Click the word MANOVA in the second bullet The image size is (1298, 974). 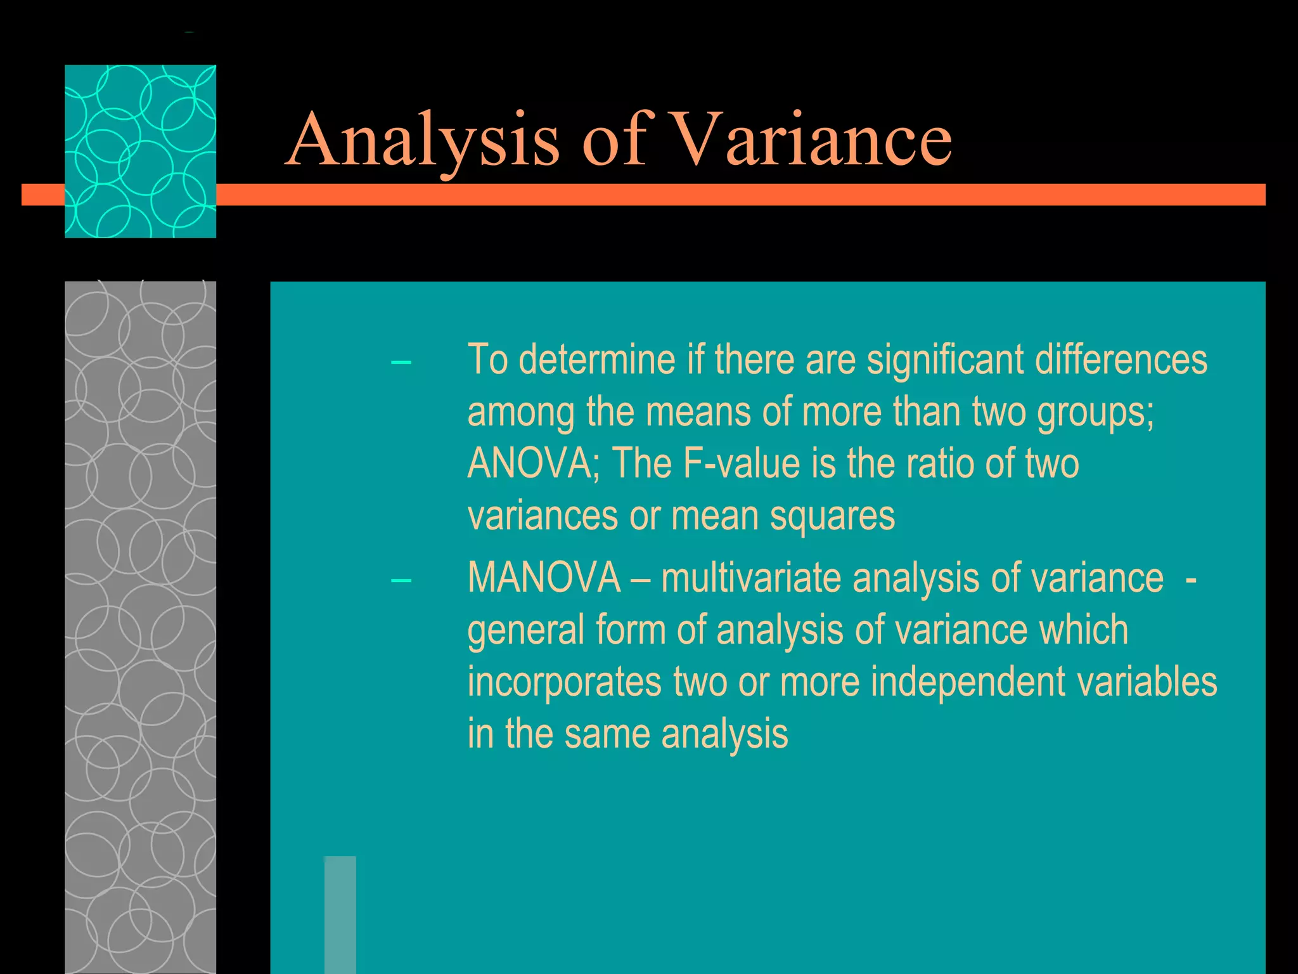[x=544, y=578]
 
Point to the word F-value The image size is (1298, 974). [x=742, y=464]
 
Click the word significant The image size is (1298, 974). [x=944, y=360]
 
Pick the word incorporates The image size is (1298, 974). [x=564, y=682]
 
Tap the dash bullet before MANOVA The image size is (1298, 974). [x=401, y=581]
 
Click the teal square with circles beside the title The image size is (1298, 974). [x=140, y=151]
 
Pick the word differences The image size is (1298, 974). [x=1121, y=360]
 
